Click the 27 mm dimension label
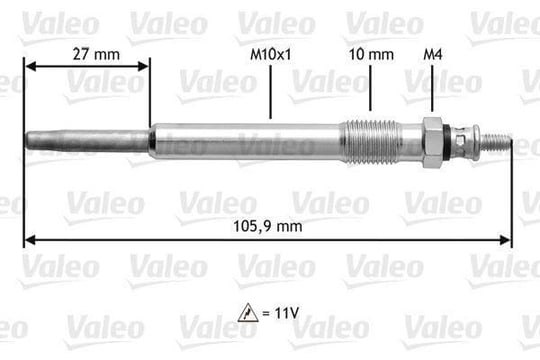tap(96, 54)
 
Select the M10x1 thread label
tap(271, 54)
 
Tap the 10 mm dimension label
tap(371, 54)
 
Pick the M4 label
tap(433, 54)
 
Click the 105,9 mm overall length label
tap(268, 226)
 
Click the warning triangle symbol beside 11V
tap(248, 313)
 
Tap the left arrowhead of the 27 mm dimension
tap(31, 66)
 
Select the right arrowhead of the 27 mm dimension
tap(143, 66)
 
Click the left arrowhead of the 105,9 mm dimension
tap(31, 240)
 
